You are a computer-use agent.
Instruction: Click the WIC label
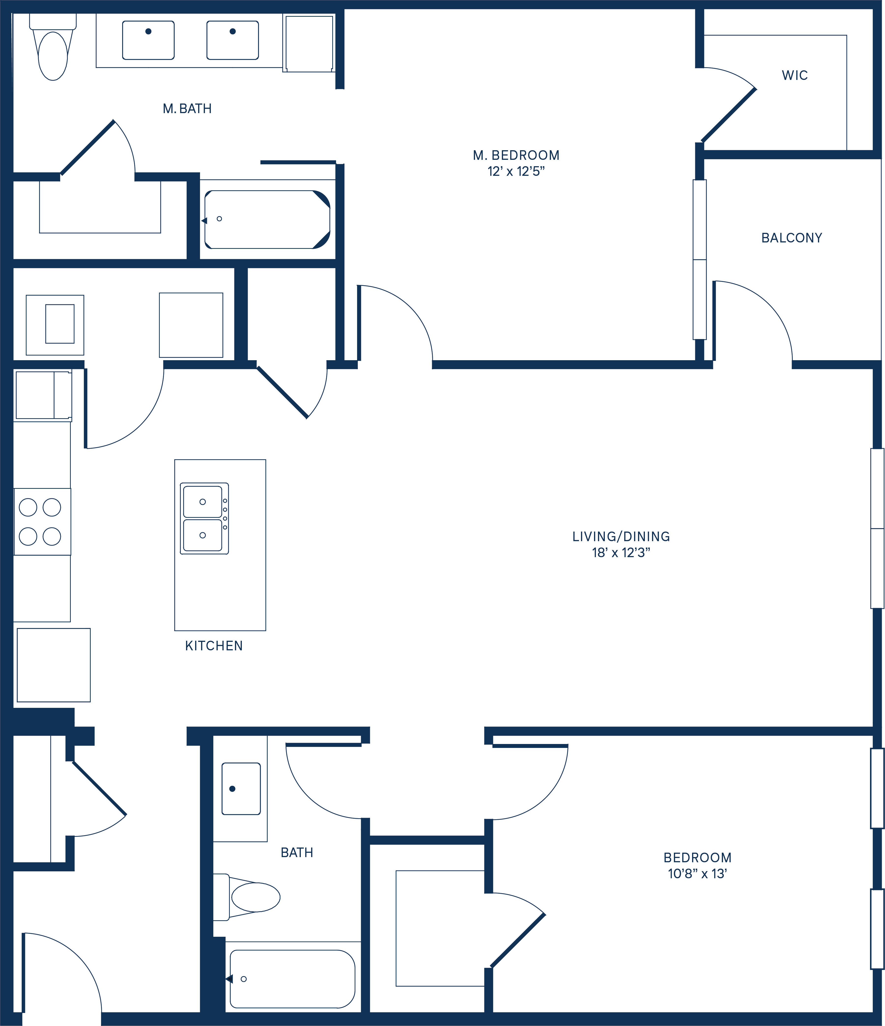tap(794, 75)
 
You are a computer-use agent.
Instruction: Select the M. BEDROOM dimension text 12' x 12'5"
tap(516, 171)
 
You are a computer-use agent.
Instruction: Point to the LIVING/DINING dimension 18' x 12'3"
tap(621, 553)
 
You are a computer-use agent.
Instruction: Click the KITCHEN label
tap(214, 646)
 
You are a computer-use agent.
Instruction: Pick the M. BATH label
tap(187, 108)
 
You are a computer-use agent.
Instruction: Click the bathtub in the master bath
tap(267, 219)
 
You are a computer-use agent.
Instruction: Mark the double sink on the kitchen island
tap(204, 518)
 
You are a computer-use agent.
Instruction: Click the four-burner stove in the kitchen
tap(42, 521)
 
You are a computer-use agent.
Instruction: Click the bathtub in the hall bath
tap(292, 979)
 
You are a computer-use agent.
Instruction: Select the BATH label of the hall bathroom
tap(296, 852)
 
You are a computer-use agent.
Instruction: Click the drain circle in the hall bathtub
tap(244, 979)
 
